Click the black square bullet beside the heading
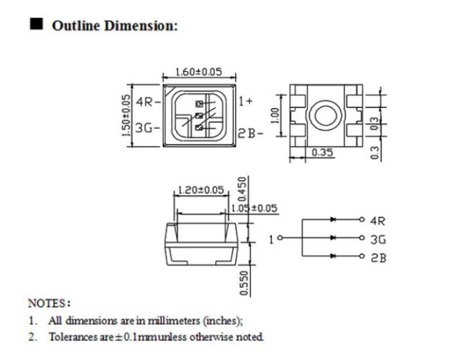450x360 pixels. [37, 24]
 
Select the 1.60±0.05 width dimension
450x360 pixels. [199, 72]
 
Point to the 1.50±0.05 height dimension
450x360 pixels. [126, 116]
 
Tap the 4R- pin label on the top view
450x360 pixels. [148, 102]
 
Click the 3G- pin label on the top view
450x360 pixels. [147, 128]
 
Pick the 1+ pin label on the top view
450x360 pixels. [246, 101]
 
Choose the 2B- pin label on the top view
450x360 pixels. [251, 134]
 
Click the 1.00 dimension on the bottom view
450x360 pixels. [275, 116]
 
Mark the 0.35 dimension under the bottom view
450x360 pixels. [323, 152]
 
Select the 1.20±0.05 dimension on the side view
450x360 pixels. [201, 190]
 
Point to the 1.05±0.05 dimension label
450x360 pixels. [254, 208]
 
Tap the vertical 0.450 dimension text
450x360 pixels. [243, 189]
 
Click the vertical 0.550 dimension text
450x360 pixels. [244, 283]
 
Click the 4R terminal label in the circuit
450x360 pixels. [378, 221]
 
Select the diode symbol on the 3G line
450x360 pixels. [333, 237]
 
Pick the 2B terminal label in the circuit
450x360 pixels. [379, 258]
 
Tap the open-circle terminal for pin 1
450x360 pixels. [280, 237]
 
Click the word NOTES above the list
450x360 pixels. [47, 303]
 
